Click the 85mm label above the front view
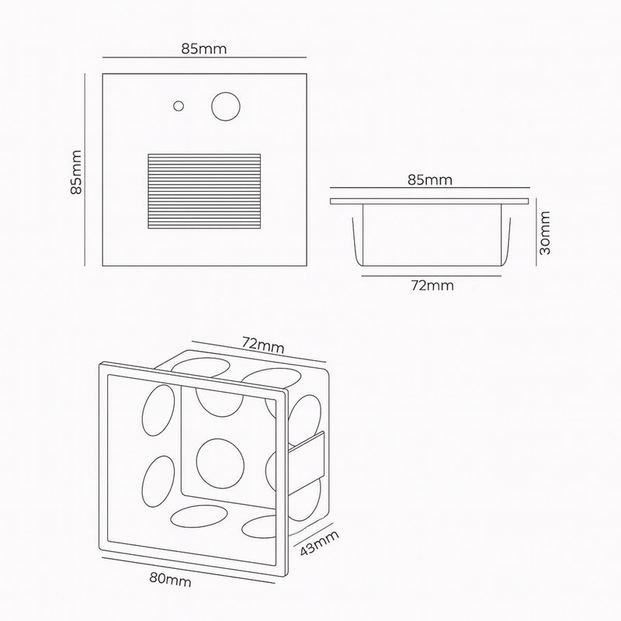tap(204, 48)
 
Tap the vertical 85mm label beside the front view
tap(76, 171)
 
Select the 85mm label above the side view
tap(430, 181)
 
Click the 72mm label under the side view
tap(431, 285)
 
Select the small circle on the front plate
tap(179, 106)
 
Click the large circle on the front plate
tap(226, 106)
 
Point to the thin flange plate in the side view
tap(430, 200)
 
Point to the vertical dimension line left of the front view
tap(87, 171)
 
